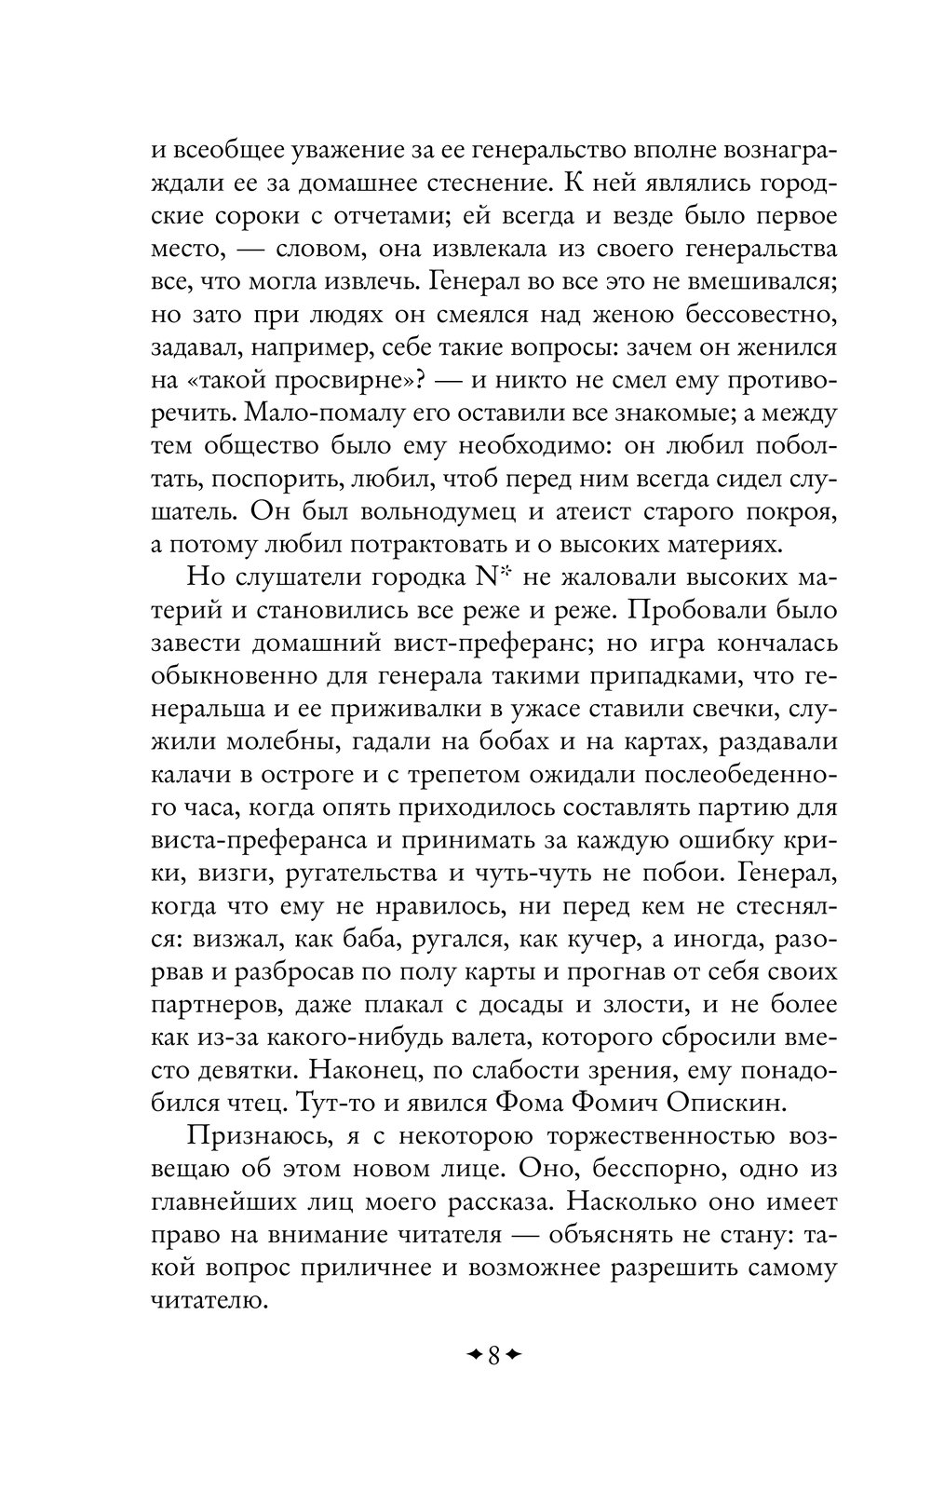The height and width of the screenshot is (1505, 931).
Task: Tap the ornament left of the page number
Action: tap(474, 1353)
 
